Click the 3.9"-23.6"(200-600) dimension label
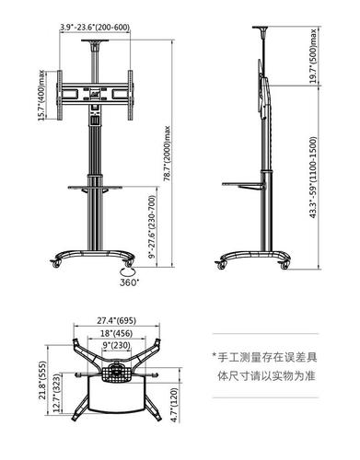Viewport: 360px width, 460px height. (x=94, y=28)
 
